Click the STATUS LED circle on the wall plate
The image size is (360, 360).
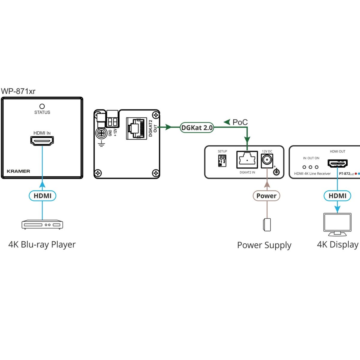coord(42,106)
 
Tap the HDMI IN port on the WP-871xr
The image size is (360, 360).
coord(42,140)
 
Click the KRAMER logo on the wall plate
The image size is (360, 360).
coord(18,171)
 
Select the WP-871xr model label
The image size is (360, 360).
coord(18,91)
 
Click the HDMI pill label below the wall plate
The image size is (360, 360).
coord(42,196)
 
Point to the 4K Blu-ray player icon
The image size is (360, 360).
coord(42,225)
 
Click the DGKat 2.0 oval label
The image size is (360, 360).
coord(197,128)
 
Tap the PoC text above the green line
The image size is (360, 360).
coord(240,122)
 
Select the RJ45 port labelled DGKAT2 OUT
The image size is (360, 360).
coord(136,128)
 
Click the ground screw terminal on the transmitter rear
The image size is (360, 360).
coord(101,133)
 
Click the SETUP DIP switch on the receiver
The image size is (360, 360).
coord(222,160)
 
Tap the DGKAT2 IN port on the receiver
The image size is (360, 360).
coord(247,160)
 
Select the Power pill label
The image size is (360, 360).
coord(266,196)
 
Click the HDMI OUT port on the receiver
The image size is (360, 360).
coord(337,163)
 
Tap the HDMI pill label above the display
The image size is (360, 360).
coord(337,196)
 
